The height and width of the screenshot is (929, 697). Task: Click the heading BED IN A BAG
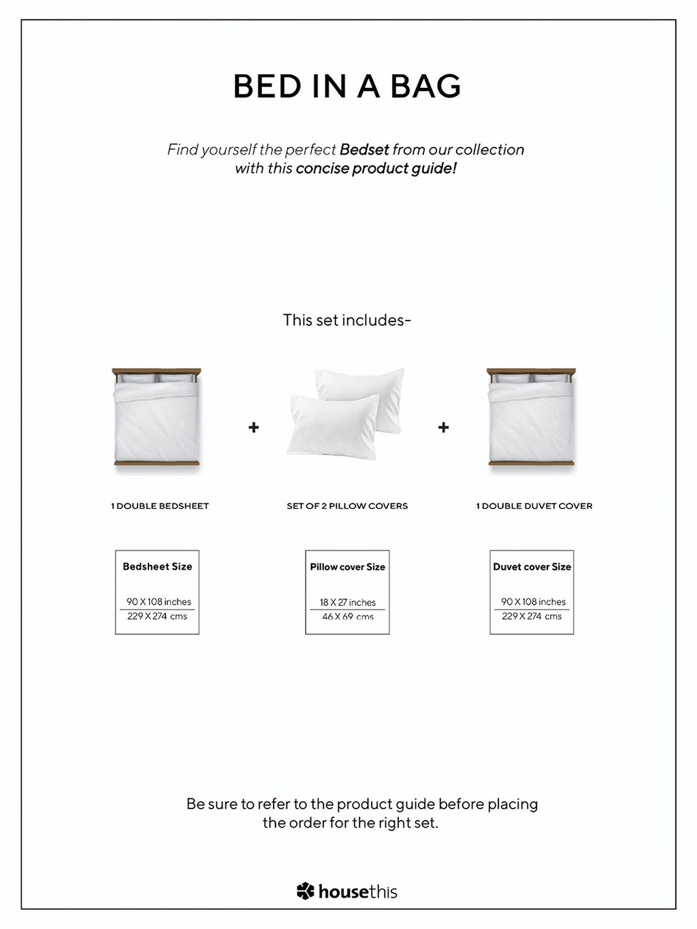click(347, 86)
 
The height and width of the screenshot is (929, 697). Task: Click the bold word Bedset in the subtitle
click(364, 150)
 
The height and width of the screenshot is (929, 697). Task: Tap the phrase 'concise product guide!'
click(376, 168)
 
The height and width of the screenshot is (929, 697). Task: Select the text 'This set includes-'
click(347, 320)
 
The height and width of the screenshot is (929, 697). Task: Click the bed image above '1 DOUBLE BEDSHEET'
click(157, 418)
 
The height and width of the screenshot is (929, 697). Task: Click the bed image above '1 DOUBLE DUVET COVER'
click(532, 418)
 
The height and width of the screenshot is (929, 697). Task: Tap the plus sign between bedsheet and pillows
click(254, 427)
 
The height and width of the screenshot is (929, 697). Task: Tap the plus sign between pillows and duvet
click(444, 427)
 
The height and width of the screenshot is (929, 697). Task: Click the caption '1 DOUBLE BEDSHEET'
click(160, 506)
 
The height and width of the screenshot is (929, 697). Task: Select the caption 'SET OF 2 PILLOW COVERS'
click(347, 506)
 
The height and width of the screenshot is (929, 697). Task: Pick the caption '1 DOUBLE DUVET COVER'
click(534, 506)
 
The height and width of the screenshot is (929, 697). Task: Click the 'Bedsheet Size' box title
click(157, 566)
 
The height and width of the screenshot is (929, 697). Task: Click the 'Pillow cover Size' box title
click(347, 567)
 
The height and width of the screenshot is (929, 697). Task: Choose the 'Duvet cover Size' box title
click(532, 566)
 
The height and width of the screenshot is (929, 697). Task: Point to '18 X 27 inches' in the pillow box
click(348, 602)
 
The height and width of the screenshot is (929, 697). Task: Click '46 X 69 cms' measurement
click(348, 617)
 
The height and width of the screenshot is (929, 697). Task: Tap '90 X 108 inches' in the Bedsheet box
click(159, 602)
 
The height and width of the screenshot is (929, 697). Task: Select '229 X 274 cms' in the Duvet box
click(532, 616)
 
